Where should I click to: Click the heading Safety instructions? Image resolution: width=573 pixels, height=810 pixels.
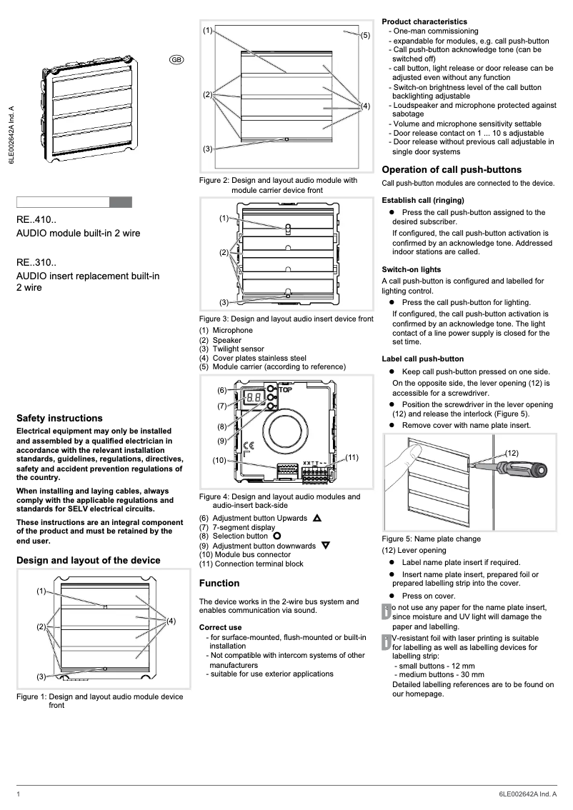[59, 418]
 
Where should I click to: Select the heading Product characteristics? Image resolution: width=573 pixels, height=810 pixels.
[424, 21]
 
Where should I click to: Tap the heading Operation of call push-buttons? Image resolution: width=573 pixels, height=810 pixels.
[452, 169]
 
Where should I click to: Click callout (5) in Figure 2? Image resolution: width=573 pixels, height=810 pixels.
[364, 35]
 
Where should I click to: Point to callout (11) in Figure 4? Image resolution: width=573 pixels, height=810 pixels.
[352, 456]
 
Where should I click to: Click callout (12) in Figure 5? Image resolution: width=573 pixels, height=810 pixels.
[512, 453]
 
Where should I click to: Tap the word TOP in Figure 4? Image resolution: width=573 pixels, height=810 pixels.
[286, 391]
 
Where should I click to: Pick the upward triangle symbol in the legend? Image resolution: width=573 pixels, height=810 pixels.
[317, 518]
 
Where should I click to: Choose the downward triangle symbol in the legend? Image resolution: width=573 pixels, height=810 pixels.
[326, 546]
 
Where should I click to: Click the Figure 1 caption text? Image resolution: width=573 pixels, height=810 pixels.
[99, 701]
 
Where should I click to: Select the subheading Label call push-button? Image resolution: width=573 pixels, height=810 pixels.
[423, 359]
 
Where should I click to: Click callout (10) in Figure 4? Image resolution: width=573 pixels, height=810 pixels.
[219, 460]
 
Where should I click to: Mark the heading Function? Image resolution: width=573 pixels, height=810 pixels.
[219, 583]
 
